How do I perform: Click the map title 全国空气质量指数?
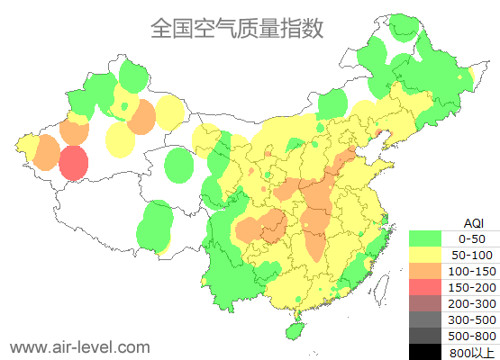click(236, 28)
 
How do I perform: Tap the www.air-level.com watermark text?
click(79, 346)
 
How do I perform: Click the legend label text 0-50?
click(472, 238)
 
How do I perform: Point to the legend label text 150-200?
click(472, 287)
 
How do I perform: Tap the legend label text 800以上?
click(472, 352)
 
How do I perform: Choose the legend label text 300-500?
click(472, 319)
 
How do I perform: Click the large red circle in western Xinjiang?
click(74, 164)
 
